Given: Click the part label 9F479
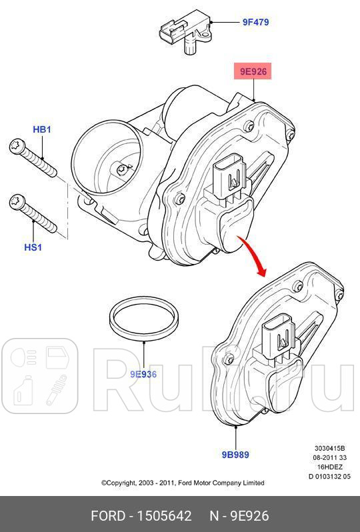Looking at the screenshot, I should point(255,22).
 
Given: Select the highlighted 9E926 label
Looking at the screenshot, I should point(253,71).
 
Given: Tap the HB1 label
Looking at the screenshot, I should point(42,129).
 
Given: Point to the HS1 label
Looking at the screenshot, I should point(33,247).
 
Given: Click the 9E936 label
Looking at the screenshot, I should point(143,374).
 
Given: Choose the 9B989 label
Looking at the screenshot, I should point(235,455).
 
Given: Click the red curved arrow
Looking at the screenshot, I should point(253,256).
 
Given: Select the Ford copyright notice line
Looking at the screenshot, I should point(182,483).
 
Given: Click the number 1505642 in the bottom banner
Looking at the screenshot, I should point(164,516).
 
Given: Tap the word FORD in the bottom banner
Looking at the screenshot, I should point(109,516).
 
